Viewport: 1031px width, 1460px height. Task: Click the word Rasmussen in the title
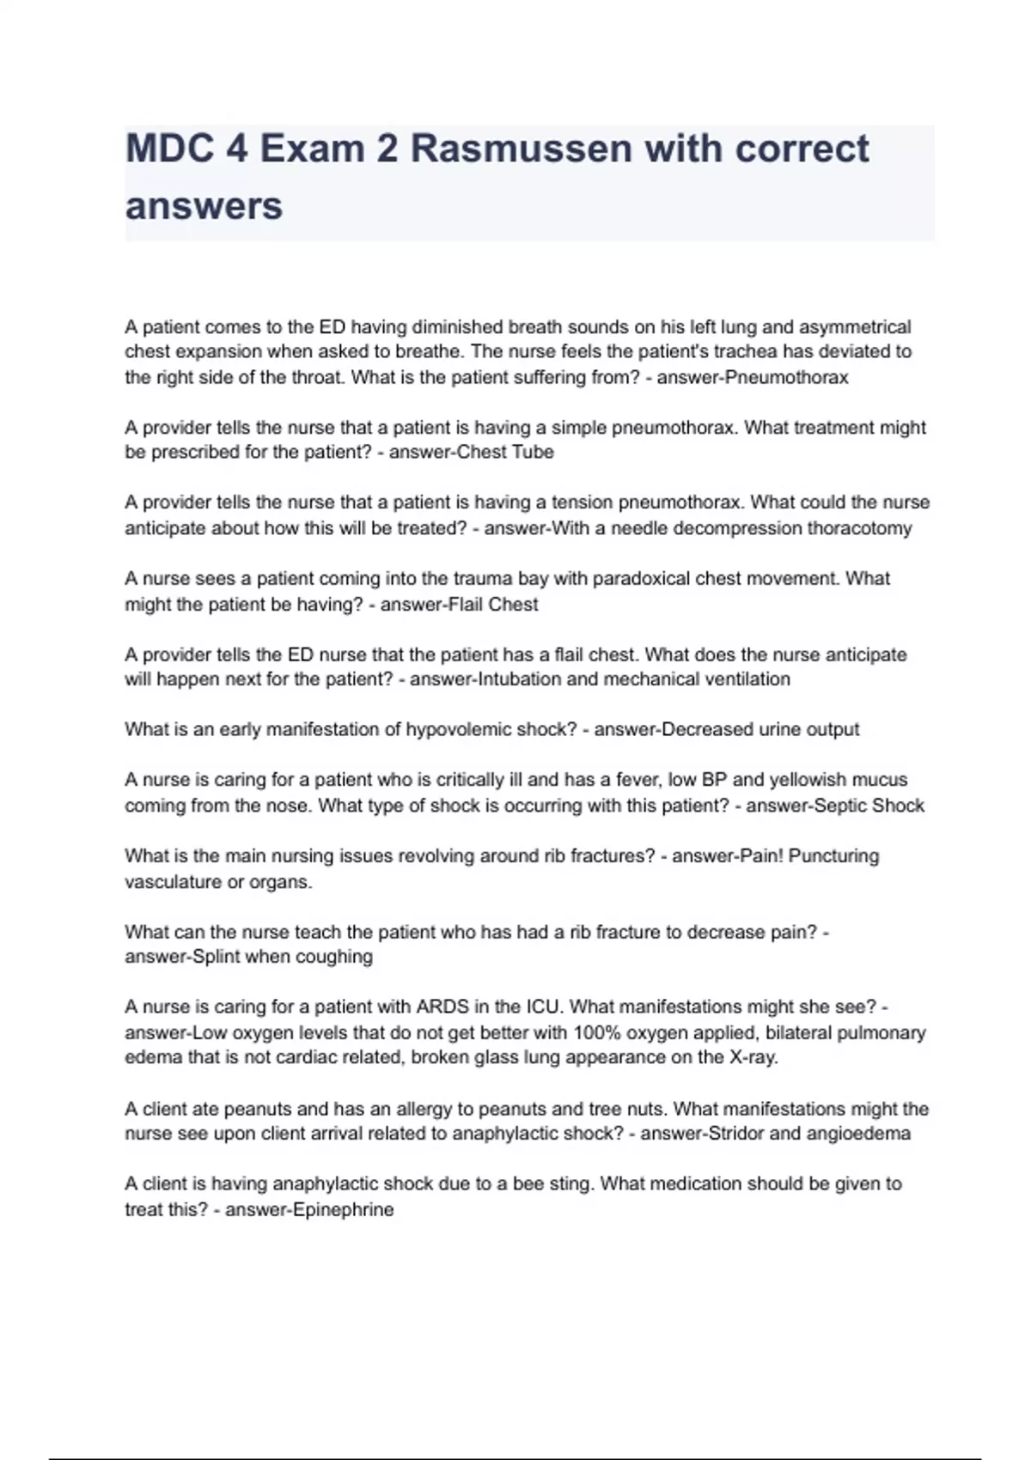(x=521, y=149)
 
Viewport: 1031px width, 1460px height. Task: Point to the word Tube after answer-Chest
(x=533, y=452)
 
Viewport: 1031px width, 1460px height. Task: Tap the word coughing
(x=334, y=957)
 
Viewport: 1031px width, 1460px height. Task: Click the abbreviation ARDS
(x=442, y=1007)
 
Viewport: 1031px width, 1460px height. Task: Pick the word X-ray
(x=753, y=1057)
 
